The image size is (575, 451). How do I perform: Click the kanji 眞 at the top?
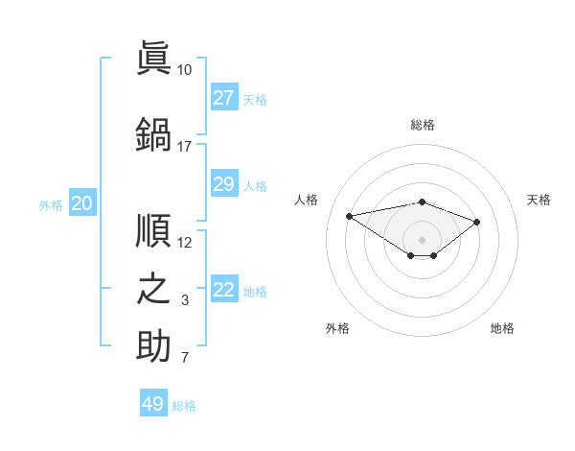(153, 58)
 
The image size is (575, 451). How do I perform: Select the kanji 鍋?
(153, 134)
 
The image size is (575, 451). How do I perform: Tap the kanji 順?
(153, 230)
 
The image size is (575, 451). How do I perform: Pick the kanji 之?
(153, 289)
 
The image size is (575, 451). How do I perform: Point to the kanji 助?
(153, 345)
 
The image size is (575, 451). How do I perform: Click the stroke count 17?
(184, 147)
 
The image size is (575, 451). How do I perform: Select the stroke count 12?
(184, 243)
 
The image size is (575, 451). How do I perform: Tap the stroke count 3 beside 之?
(185, 300)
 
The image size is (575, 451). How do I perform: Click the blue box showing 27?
(224, 97)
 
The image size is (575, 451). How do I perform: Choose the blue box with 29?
(224, 183)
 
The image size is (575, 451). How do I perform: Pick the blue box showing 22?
(224, 288)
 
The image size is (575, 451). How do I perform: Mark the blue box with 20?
(82, 202)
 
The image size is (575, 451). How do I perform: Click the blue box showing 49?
(153, 402)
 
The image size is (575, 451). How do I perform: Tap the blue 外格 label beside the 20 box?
(51, 205)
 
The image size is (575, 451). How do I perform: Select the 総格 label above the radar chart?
(423, 125)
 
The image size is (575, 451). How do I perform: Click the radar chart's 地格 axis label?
(502, 328)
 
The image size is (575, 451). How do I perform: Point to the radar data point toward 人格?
(350, 216)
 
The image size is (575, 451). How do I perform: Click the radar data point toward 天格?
(476, 223)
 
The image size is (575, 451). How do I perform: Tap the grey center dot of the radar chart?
(422, 240)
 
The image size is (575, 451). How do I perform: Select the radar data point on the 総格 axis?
(423, 202)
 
